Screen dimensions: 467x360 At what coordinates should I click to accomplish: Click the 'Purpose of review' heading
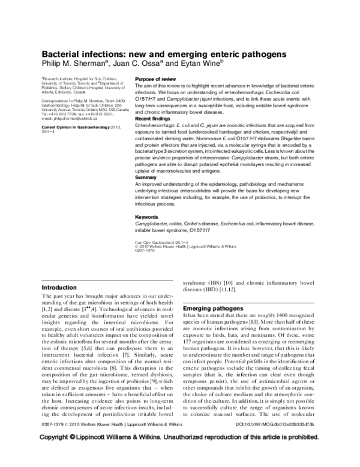[x=155, y=79]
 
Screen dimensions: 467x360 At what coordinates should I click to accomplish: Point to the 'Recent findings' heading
[x=153, y=119]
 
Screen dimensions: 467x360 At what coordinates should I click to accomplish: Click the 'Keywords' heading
[x=148, y=216]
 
